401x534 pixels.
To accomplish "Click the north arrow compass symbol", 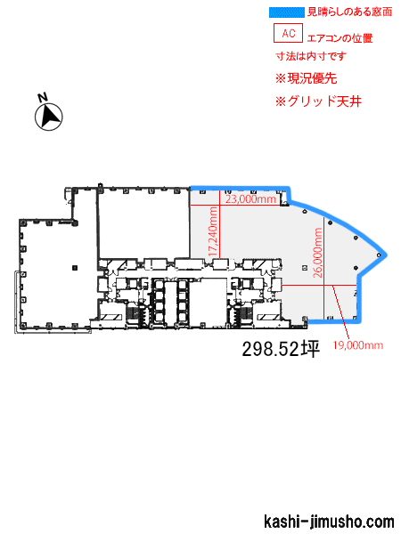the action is click(x=49, y=117).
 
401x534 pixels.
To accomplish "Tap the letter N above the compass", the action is click(x=43, y=97).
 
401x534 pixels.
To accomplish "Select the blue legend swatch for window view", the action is click(x=286, y=12).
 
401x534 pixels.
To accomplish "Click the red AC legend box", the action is click(x=288, y=33).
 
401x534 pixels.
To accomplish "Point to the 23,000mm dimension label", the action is click(x=250, y=198).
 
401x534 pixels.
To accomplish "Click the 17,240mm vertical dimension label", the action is click(x=213, y=231).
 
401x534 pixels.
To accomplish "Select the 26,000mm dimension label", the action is click(x=318, y=253).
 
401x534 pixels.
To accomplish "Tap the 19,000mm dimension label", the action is click(x=358, y=345).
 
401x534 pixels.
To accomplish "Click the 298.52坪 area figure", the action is click(x=281, y=349).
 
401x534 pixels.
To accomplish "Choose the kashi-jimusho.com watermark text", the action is click(x=329, y=522).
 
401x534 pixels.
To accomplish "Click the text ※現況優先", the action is click(x=307, y=78).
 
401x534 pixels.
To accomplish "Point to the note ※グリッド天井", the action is click(x=318, y=101).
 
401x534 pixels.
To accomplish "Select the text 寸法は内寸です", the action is click(x=311, y=56).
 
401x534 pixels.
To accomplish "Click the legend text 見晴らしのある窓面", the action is click(x=350, y=12).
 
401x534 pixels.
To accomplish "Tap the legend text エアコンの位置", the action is click(x=340, y=38).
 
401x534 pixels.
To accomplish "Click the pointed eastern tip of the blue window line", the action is click(x=387, y=255).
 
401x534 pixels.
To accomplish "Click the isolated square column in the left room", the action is click(x=75, y=267).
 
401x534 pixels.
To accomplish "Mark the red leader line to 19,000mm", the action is click(x=340, y=312).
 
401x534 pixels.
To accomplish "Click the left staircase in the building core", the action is click(x=134, y=313).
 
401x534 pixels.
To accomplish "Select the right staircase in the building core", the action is click(x=242, y=313).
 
